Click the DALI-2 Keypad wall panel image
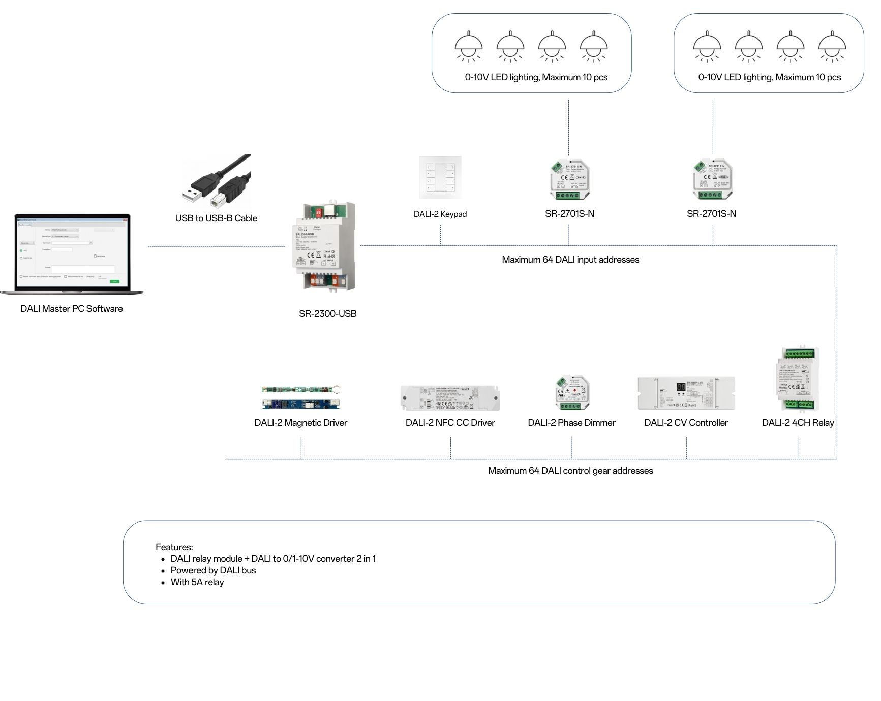click(x=440, y=177)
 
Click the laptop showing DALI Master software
click(x=72, y=253)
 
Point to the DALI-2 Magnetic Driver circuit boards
click(x=301, y=397)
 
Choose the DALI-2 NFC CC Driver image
click(x=450, y=398)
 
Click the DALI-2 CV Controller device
click(x=686, y=393)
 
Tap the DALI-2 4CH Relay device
click(x=797, y=379)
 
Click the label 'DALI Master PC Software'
click(x=72, y=309)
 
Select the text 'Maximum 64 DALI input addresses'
click(x=570, y=260)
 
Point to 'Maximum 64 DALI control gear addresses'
click(x=570, y=471)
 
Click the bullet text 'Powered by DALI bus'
click(x=213, y=570)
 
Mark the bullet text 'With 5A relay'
click(x=197, y=582)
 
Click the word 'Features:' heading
click(x=174, y=547)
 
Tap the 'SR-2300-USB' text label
click(x=328, y=314)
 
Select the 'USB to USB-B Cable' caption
click(x=216, y=218)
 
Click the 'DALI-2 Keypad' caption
click(x=440, y=214)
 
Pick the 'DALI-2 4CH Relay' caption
click(x=798, y=423)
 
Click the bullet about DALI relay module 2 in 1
click(x=273, y=559)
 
